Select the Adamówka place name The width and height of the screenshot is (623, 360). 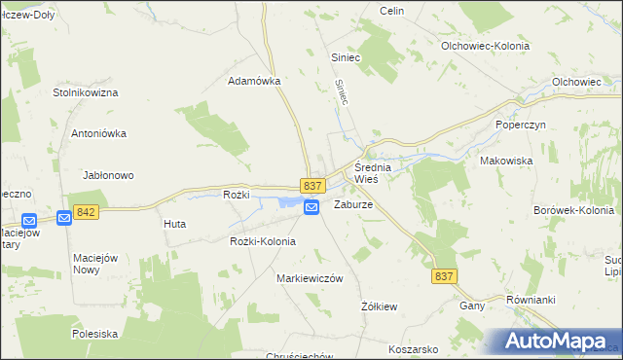click(254, 82)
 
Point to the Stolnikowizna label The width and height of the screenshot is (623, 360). click(85, 92)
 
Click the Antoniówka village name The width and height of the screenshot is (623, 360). click(100, 133)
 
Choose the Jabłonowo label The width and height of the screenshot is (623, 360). click(108, 175)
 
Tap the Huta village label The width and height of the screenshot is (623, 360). click(175, 224)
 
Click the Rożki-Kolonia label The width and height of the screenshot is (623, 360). click(262, 241)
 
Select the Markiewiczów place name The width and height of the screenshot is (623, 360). click(311, 278)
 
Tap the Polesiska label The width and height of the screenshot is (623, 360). click(94, 333)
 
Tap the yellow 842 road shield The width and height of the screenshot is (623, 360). click(85, 211)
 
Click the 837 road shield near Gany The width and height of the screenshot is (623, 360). click(443, 276)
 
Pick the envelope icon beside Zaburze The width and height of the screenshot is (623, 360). click(311, 207)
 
